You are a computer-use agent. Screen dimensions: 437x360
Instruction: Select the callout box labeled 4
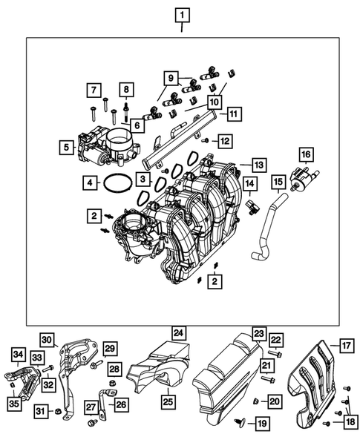click(x=88, y=182)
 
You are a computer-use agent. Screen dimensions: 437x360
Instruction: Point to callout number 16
click(x=305, y=154)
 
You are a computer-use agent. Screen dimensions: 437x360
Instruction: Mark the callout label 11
click(x=233, y=114)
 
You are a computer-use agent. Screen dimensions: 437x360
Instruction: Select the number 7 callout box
click(x=94, y=91)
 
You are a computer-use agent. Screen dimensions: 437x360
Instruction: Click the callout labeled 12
click(x=224, y=139)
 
